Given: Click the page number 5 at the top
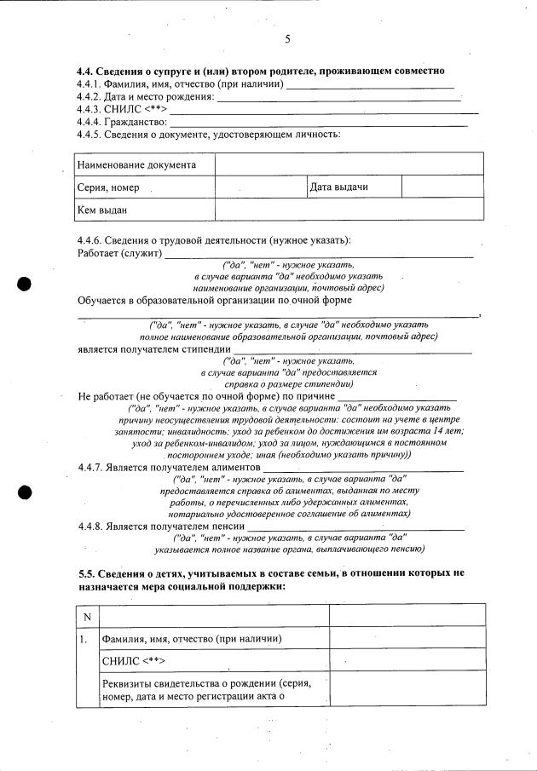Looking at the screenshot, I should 287,40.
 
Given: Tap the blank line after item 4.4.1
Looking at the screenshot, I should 371,85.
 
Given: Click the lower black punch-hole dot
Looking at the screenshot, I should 26,492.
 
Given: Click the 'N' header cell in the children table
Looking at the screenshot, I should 87,616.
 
